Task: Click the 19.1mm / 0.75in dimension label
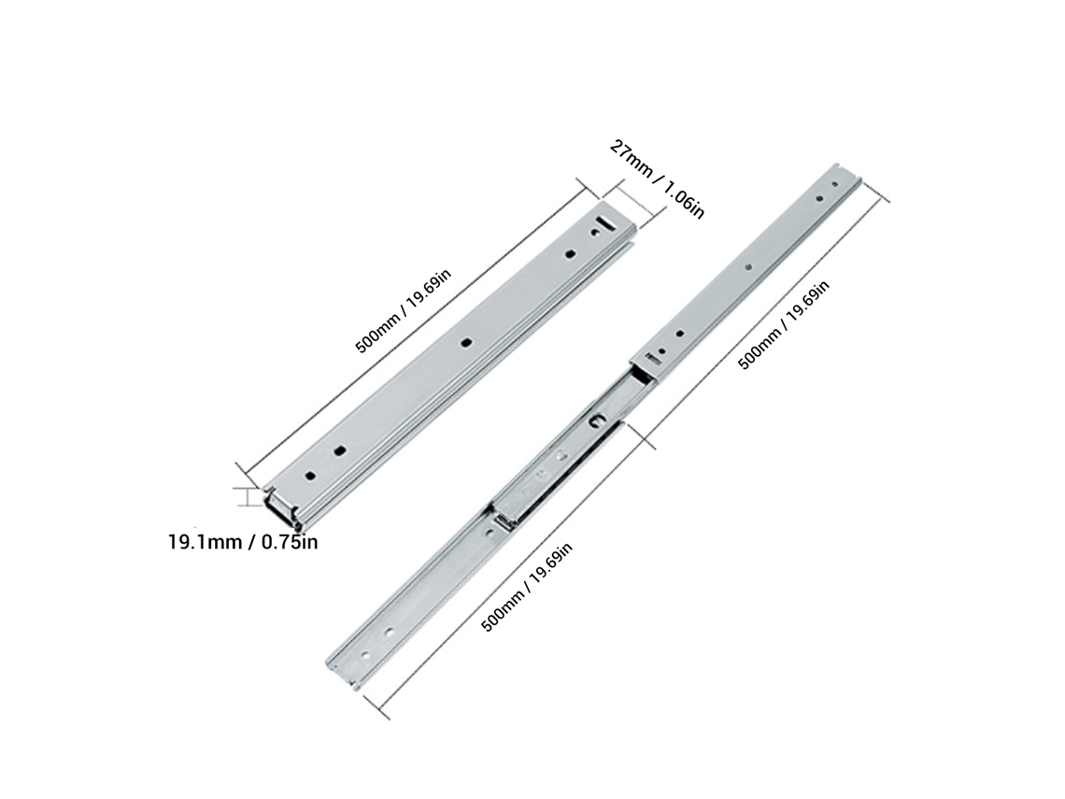pos(243,542)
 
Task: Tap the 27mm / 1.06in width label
pos(658,178)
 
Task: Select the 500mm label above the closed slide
pos(403,310)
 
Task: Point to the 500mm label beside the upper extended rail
pos(784,325)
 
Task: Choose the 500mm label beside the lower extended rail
pos(526,587)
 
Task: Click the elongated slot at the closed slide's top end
pos(603,222)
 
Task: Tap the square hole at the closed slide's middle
pos(466,342)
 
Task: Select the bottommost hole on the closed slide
pos(310,476)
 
